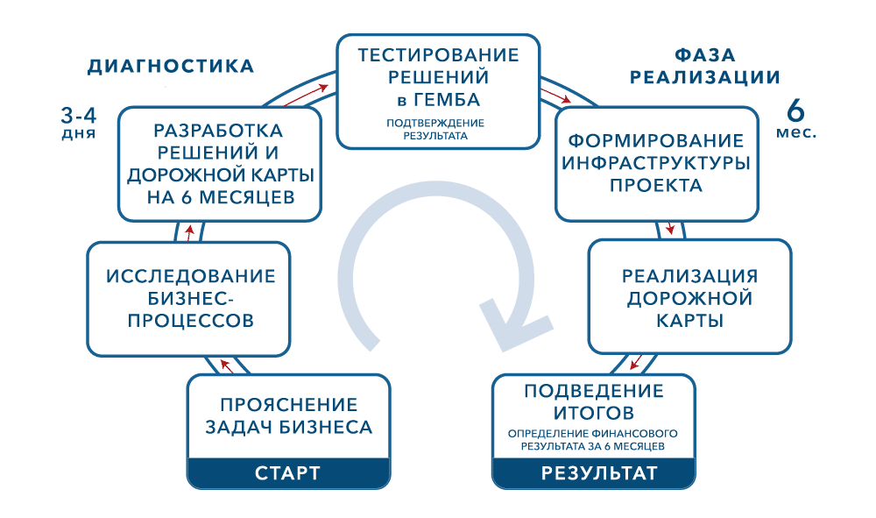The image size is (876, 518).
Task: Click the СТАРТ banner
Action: point(288,472)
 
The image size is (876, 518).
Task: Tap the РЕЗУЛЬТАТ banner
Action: point(594,472)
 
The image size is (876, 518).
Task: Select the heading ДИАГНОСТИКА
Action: point(171,67)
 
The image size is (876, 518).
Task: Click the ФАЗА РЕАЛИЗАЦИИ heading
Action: point(705,66)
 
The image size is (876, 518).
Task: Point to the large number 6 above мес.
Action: point(795,110)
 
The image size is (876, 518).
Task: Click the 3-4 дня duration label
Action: point(79,123)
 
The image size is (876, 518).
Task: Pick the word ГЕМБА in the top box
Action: point(447,100)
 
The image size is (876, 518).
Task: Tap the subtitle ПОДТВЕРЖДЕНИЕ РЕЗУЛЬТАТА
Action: point(435,129)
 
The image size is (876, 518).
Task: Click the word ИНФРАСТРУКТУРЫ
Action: point(656,163)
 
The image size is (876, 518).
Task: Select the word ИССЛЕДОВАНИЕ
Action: point(190,276)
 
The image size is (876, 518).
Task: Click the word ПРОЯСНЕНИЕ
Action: point(289,405)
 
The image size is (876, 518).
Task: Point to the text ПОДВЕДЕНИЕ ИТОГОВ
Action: point(594,401)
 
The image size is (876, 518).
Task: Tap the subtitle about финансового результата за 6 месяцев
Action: point(593,440)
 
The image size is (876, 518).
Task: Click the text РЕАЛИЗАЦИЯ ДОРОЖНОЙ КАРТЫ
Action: point(690,298)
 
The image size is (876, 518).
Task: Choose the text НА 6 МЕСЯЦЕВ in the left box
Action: point(221,197)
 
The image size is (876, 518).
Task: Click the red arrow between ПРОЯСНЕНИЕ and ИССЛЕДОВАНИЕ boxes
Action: point(226,365)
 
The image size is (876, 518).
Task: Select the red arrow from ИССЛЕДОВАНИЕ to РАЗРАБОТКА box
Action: point(190,232)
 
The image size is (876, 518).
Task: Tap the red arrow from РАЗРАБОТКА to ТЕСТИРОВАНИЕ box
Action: point(306,95)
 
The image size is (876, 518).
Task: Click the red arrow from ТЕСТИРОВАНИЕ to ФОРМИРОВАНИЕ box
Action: point(555,95)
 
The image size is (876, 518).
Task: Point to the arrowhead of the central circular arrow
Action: point(515,326)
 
